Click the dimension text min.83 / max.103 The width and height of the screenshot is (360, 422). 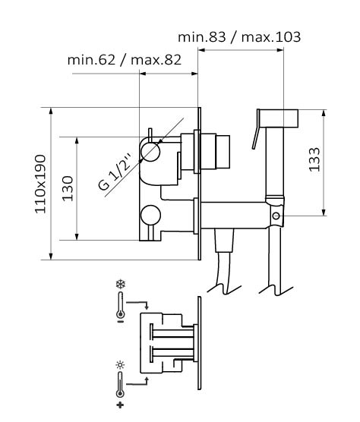click(x=239, y=37)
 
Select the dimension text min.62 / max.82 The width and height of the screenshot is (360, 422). click(x=124, y=60)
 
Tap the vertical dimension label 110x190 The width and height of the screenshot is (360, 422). click(x=40, y=184)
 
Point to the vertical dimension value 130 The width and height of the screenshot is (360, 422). click(x=68, y=188)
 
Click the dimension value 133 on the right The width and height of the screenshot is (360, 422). click(x=314, y=159)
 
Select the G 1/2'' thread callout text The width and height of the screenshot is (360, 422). click(x=115, y=172)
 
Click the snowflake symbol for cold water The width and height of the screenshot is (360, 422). click(x=121, y=285)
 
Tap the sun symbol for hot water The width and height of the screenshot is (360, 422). click(x=120, y=365)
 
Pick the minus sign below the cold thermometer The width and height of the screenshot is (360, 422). click(x=120, y=321)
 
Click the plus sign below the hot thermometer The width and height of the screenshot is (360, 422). click(x=120, y=405)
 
